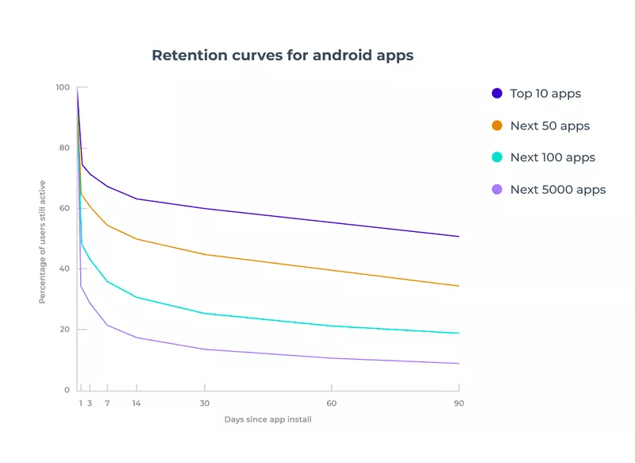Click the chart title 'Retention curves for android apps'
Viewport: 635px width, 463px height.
click(x=283, y=56)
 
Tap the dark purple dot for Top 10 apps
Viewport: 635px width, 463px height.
click(x=497, y=94)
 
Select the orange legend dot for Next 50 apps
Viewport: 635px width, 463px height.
click(x=497, y=125)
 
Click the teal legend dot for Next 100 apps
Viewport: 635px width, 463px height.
click(x=497, y=157)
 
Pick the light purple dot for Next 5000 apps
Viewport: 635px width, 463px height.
click(x=497, y=189)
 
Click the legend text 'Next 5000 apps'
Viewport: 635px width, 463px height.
click(x=557, y=189)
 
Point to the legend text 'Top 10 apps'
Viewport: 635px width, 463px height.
click(x=545, y=94)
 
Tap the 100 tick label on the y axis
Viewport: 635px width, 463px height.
click(x=62, y=87)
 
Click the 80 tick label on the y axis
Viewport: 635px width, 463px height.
click(x=63, y=148)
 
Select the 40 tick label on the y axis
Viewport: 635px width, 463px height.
click(x=63, y=269)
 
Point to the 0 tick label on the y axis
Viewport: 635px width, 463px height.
click(x=67, y=390)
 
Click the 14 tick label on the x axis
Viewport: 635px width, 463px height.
click(x=137, y=403)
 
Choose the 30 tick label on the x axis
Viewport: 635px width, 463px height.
click(x=205, y=403)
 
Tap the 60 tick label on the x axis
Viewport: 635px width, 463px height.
click(x=331, y=403)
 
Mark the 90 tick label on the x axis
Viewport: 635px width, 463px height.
click(x=459, y=403)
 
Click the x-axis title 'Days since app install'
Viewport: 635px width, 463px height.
click(x=267, y=419)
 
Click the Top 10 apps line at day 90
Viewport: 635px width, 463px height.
click(x=458, y=236)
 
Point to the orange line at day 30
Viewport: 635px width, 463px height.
click(x=205, y=254)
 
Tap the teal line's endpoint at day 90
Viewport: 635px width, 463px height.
click(x=458, y=333)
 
